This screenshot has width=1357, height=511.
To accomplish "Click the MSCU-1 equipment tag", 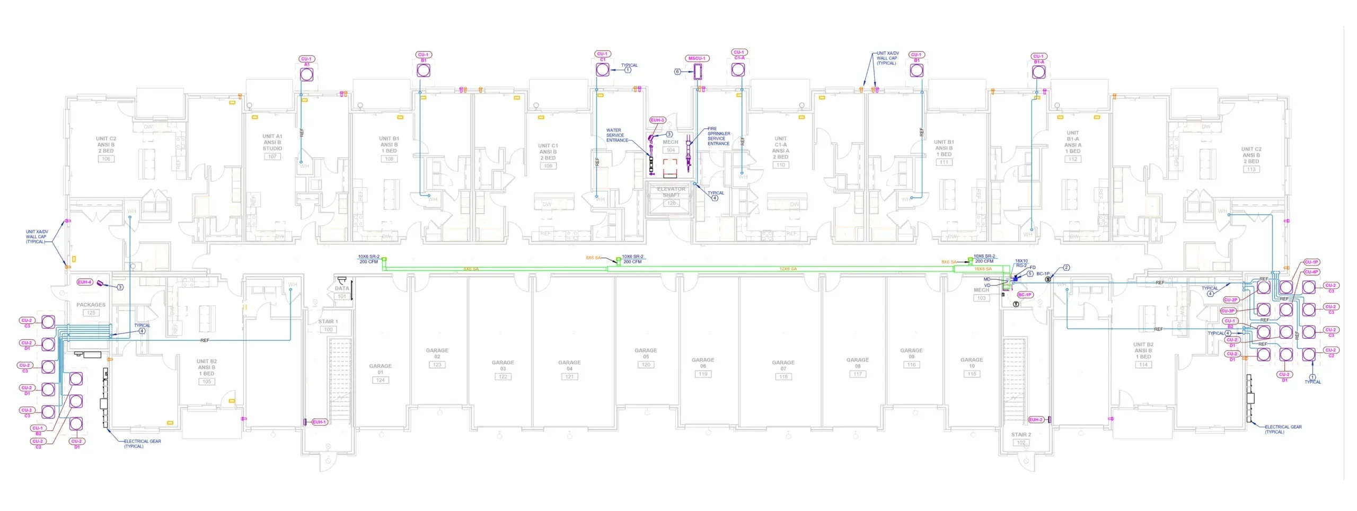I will [x=697, y=58].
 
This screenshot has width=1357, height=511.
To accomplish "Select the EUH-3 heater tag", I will [x=657, y=120].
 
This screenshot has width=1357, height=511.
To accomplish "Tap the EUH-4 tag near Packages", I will [x=84, y=282].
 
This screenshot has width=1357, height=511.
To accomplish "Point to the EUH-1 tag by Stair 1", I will [x=320, y=422].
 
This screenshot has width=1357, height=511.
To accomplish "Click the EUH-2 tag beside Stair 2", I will [x=1036, y=420].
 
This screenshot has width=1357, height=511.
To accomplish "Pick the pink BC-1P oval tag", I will [x=1025, y=295].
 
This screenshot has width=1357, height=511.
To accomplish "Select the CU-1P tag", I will [x=1311, y=262].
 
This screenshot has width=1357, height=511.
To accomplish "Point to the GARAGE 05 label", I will [x=646, y=354].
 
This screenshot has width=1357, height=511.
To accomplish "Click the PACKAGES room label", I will [x=91, y=305].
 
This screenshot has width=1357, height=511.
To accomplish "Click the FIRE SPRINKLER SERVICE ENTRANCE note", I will [x=718, y=136].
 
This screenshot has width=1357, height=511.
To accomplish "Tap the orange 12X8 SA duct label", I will [x=788, y=269].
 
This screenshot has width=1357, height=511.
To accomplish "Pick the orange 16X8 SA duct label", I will [x=983, y=269].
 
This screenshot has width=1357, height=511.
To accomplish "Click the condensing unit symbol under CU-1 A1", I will [x=306, y=75].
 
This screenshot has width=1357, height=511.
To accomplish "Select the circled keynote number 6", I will [x=677, y=72].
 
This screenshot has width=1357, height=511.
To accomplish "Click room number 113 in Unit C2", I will [x=1251, y=170].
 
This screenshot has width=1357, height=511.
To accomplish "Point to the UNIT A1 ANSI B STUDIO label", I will [x=272, y=143].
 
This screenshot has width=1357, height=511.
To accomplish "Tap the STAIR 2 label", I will [x=1021, y=435].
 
